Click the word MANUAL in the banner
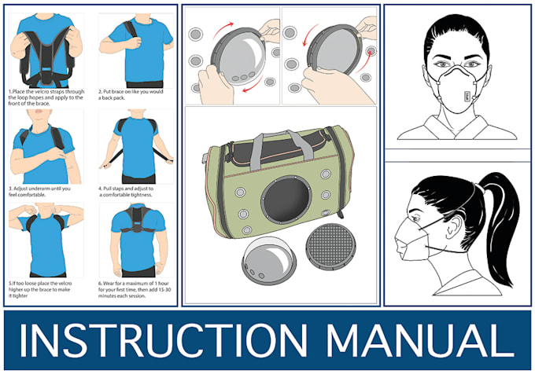tap(420, 340)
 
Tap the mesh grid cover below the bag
tap(330, 247)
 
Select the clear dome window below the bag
tap(269, 260)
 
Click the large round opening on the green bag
tap(286, 200)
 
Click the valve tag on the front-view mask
tap(467, 97)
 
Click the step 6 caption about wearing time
tap(135, 289)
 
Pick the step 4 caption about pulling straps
tap(126, 192)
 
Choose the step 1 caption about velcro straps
tap(46, 97)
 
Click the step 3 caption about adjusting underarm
tap(39, 192)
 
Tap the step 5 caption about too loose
tap(40, 289)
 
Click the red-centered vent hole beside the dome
tap(371, 52)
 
